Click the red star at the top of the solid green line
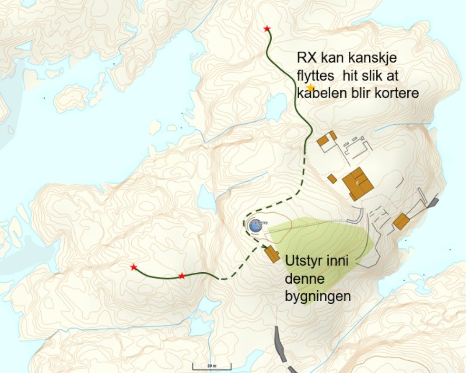[267, 29]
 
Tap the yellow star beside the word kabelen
[311, 88]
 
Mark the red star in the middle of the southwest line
[182, 276]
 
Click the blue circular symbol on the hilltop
[255, 225]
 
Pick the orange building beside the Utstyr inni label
[272, 254]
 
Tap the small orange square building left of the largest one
[333, 178]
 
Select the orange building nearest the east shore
[401, 222]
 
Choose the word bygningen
[318, 297]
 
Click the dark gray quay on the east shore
[433, 202]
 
